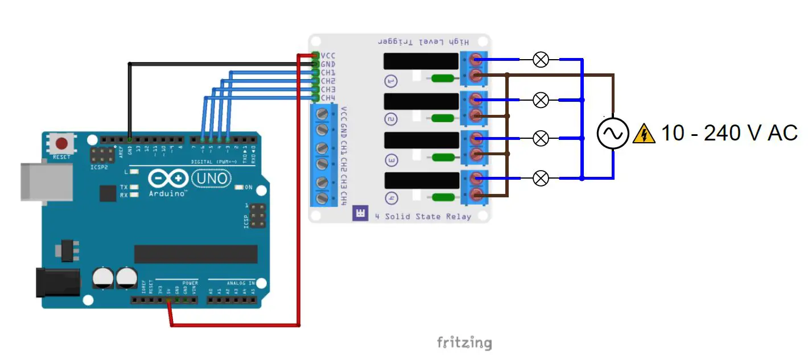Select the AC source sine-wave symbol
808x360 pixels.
(x=612, y=134)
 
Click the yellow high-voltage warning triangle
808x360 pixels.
(x=644, y=134)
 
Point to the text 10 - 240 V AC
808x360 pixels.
(x=729, y=133)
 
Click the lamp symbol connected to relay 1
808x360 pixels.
(x=541, y=59)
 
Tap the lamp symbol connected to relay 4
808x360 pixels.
(x=541, y=179)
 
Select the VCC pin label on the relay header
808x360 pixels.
(x=328, y=56)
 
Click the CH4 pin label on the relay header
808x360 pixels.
(x=328, y=98)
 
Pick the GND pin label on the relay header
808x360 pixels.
(x=328, y=64)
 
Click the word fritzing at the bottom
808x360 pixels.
(x=464, y=342)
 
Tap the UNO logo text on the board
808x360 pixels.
(x=211, y=179)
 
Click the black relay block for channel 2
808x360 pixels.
(x=421, y=101)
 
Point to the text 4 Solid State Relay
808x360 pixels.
(x=422, y=216)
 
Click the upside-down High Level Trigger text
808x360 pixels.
(x=423, y=42)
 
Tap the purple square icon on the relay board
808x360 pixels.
(x=360, y=213)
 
